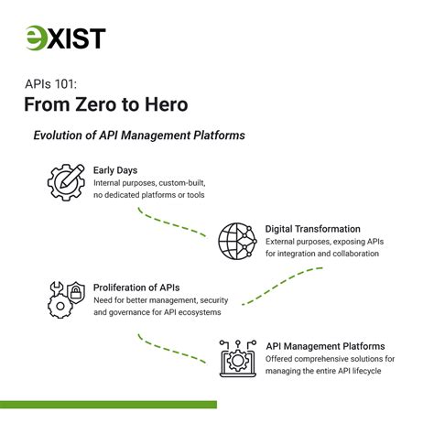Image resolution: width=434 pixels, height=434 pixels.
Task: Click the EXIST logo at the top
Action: pos(65,38)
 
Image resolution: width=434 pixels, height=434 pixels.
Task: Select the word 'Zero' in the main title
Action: pos(95,105)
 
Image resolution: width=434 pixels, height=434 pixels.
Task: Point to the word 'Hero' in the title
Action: pos(168,105)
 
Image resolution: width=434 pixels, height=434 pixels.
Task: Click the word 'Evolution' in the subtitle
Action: pos(65,136)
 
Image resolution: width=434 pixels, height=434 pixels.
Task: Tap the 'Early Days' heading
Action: pos(115,170)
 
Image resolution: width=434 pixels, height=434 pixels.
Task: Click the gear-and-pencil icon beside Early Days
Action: pos(65,183)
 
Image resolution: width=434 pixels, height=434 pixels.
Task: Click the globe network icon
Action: pos(237,241)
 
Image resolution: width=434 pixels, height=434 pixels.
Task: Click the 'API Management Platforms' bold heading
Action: pos(325,346)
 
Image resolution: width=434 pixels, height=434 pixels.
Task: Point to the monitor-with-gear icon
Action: pos(237,358)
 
